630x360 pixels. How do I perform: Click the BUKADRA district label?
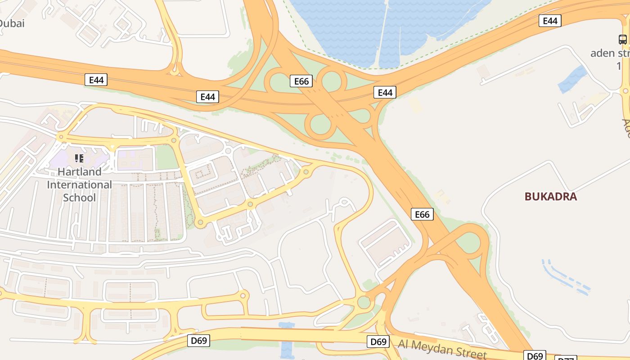[x=550, y=197]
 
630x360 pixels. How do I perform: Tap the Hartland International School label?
[x=80, y=184]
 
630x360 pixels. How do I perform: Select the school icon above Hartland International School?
[x=79, y=158]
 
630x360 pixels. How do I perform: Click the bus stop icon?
[x=622, y=40]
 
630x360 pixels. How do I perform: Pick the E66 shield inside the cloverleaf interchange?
[x=301, y=81]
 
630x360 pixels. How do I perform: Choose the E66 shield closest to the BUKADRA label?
[x=422, y=215]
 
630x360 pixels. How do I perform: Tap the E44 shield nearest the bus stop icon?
[x=550, y=21]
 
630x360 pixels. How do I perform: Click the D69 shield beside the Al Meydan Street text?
[x=378, y=342]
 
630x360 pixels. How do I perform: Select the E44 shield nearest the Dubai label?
[x=96, y=80]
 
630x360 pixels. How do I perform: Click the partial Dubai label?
[x=12, y=23]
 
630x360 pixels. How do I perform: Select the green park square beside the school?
[x=166, y=157]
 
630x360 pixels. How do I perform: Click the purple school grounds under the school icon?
[x=63, y=160]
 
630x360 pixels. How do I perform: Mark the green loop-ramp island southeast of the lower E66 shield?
[x=469, y=243]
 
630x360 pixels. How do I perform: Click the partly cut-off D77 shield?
[x=566, y=359]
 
